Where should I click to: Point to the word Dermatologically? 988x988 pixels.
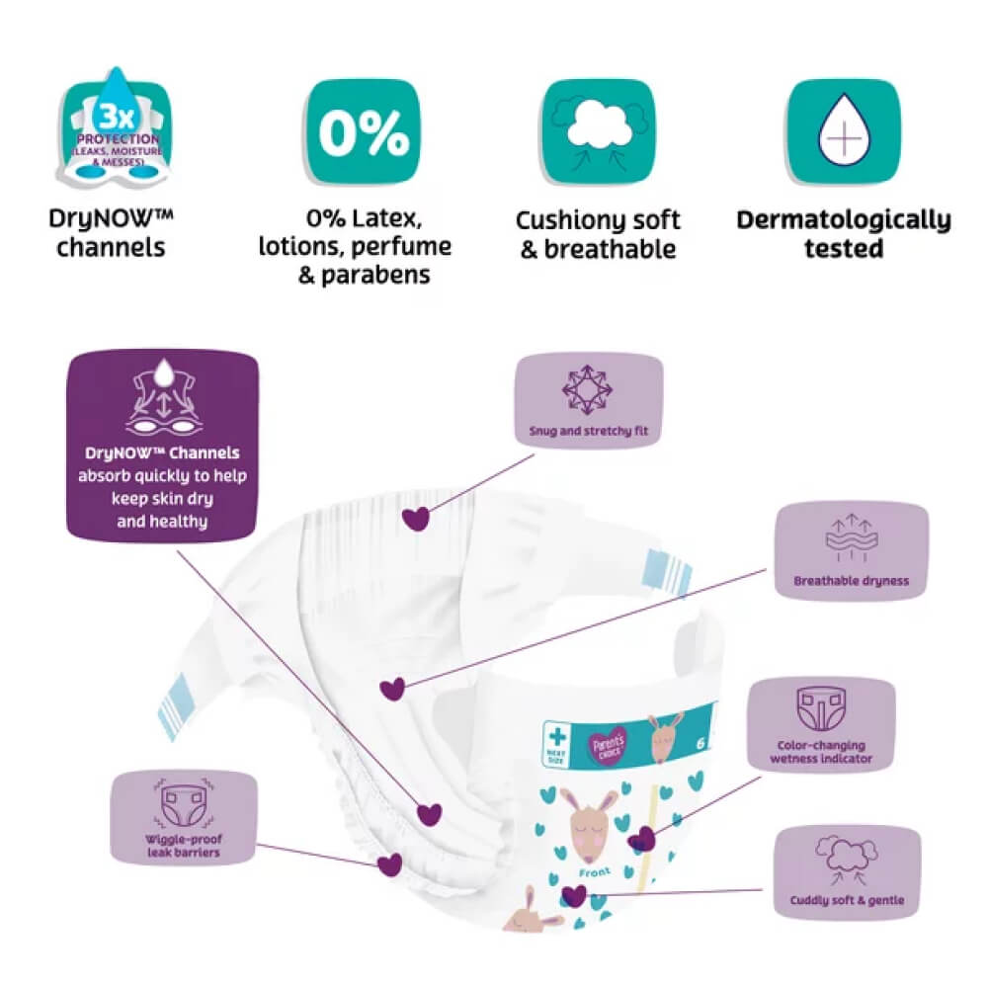pyautogui.click(x=843, y=219)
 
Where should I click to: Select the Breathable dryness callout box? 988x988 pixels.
pyautogui.click(x=851, y=550)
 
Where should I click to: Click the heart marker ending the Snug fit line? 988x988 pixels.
pyautogui.click(x=418, y=518)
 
